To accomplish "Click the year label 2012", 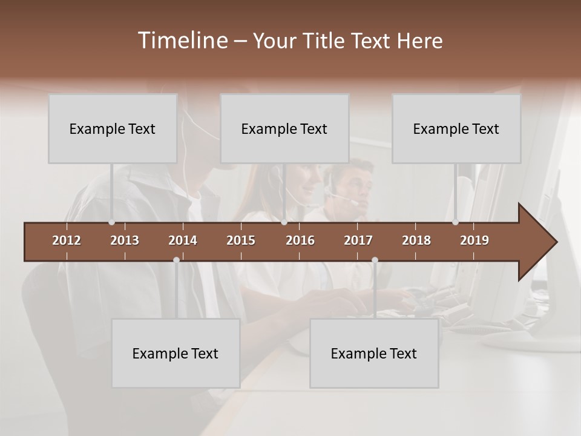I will pos(67,240).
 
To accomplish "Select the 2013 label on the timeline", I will pos(125,240).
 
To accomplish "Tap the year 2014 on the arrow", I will pos(183,240).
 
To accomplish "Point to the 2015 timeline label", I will pos(241,240).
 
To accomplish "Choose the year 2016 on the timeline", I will pos(300,240).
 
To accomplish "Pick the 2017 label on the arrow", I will pos(358,240).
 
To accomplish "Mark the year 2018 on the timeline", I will pos(416,240).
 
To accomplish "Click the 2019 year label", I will pos(474,240).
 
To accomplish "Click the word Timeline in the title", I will pos(182,41).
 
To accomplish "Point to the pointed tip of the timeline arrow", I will pos(556,242).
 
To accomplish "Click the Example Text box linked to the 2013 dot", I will pos(113,128).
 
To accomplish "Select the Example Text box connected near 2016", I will pos(284,128).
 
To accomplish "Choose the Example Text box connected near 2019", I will pos(456,128).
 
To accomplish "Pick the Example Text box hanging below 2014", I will pos(176,353).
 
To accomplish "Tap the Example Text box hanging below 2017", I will pos(374,353).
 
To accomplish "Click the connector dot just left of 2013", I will pos(112,222).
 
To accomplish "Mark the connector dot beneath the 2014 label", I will pos(176,260).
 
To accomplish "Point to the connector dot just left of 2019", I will pos(456,222).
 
